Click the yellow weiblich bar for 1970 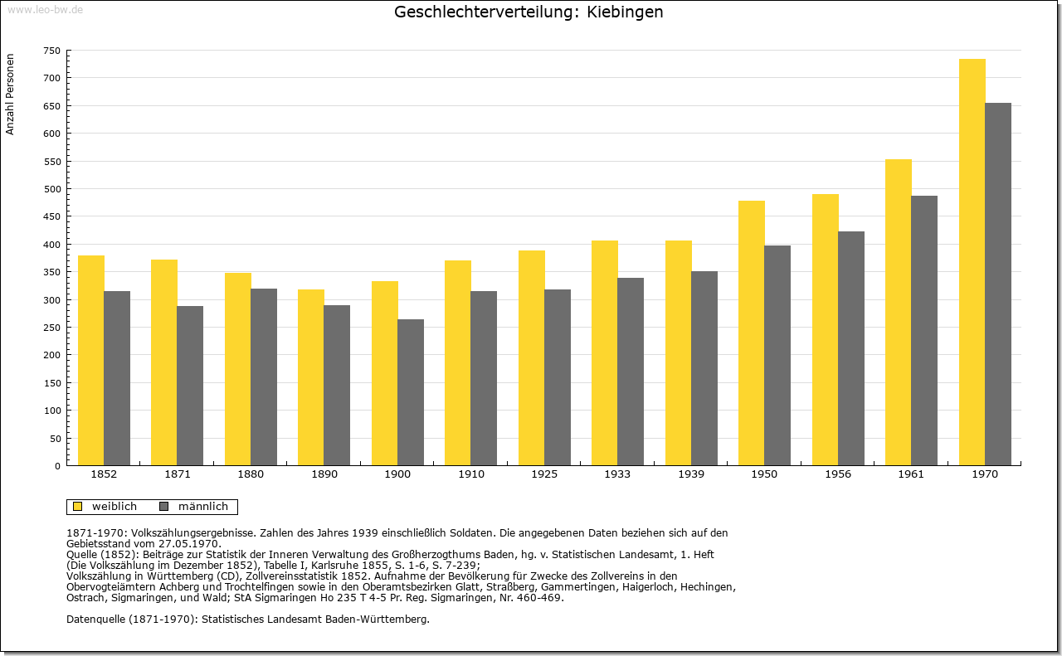tap(972, 262)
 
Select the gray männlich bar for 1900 tap(411, 392)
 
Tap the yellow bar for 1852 tap(91, 361)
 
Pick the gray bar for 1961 tap(924, 331)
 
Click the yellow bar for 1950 tap(752, 333)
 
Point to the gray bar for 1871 tap(190, 386)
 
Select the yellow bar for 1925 tap(532, 358)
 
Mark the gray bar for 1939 tap(704, 368)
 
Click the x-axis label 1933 tap(617, 474)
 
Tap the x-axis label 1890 tap(324, 474)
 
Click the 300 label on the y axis tap(52, 300)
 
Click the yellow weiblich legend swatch tap(78, 506)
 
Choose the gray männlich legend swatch tap(164, 506)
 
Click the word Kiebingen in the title tap(625, 12)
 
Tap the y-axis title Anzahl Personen tap(10, 94)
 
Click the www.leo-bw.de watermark tap(45, 9)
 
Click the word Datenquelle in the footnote tap(96, 619)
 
